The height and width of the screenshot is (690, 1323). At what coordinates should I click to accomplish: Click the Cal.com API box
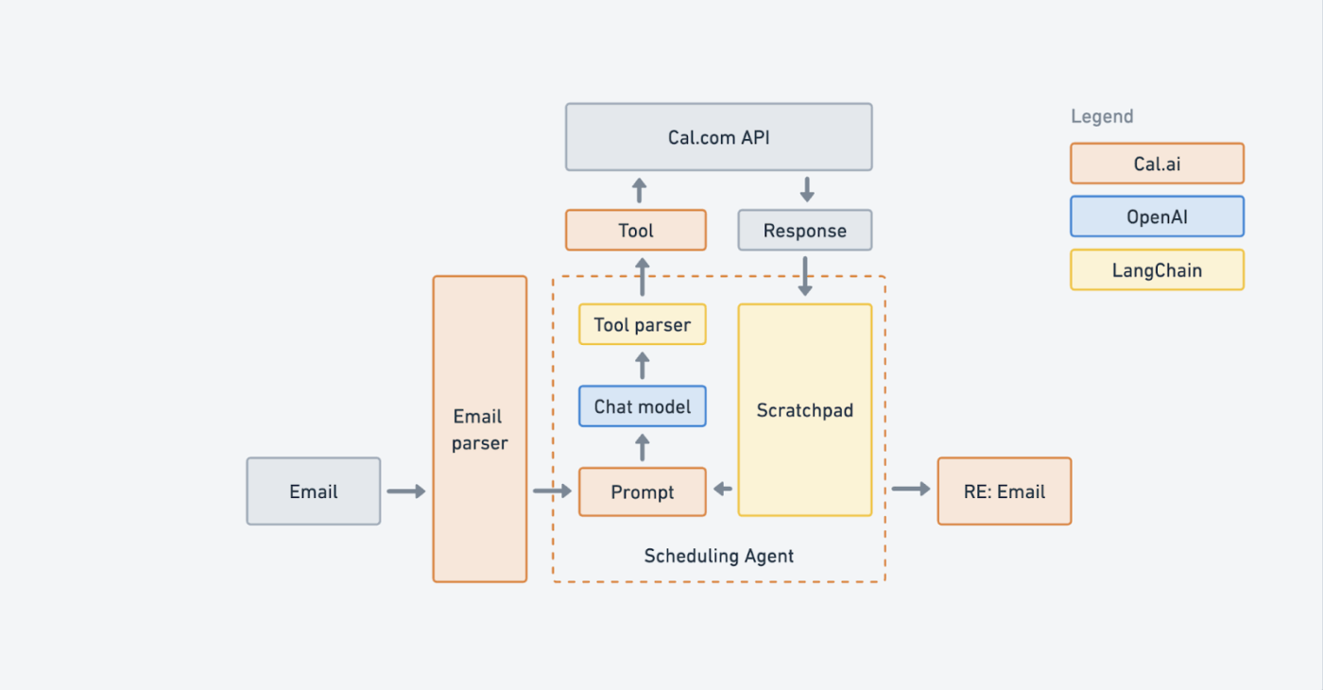pos(718,137)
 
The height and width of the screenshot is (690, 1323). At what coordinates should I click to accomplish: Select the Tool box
pos(635,231)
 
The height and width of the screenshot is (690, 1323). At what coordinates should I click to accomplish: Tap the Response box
pos(804,231)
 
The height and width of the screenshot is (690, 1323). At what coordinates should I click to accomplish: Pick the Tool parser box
pos(642,325)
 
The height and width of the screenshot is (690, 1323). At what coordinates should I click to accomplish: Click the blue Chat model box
pos(642,407)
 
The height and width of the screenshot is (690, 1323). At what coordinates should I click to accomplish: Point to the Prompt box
pos(642,492)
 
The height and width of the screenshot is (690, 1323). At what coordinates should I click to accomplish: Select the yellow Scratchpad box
pos(804,410)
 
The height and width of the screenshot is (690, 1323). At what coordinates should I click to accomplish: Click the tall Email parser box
pos(479,429)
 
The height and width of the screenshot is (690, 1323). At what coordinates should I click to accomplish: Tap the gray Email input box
pos(313,492)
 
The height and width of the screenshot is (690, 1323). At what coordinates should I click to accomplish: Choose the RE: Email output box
pos(1004,492)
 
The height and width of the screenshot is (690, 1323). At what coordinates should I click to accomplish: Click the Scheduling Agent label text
pos(718,556)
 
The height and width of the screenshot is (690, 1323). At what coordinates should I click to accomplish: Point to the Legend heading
pos(1101,116)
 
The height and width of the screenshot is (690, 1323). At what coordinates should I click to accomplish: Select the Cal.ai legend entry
pos(1157,164)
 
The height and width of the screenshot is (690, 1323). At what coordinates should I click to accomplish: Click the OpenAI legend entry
pos(1157,216)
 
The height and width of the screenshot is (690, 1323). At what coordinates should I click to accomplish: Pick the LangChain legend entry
pos(1157,270)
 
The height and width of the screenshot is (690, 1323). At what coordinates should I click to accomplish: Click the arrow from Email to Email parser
pos(406,492)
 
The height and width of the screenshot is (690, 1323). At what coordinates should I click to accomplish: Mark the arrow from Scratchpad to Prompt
pos(723,489)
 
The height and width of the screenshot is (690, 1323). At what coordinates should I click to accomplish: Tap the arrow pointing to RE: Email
pos(911,489)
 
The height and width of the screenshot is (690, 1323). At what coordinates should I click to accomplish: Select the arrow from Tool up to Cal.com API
pos(639,189)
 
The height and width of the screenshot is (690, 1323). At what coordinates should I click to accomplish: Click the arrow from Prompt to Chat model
pos(642,446)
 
